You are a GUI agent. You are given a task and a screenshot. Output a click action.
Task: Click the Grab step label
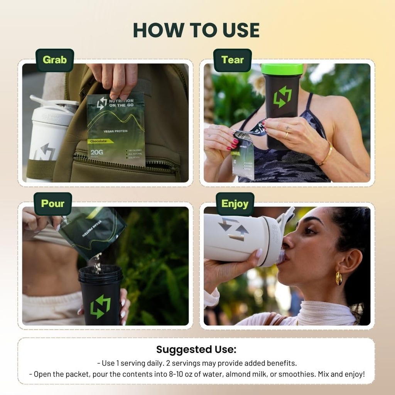pos(54,60)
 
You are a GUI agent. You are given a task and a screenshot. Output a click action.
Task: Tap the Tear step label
pos(232,60)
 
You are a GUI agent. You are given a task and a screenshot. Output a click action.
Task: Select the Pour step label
pos(52,204)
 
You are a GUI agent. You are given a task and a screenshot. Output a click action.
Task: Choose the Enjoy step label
pos(235,204)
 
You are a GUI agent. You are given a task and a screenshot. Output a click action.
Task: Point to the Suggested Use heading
pos(196,349)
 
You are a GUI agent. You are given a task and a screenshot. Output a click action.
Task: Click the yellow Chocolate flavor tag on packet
pos(100,141)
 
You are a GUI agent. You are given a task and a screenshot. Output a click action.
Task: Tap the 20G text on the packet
pos(96,153)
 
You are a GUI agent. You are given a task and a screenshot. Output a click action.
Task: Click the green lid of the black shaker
pos(282,69)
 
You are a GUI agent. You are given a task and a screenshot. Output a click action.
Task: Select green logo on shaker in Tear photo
pos(282,97)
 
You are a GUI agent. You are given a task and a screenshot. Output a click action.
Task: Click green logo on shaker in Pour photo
pos(100,307)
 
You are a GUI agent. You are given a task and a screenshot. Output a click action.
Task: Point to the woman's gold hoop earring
pos(338,278)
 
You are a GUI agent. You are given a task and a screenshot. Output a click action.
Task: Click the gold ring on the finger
pos(286,135)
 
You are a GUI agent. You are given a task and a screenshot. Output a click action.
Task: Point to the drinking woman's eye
pos(310,231)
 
